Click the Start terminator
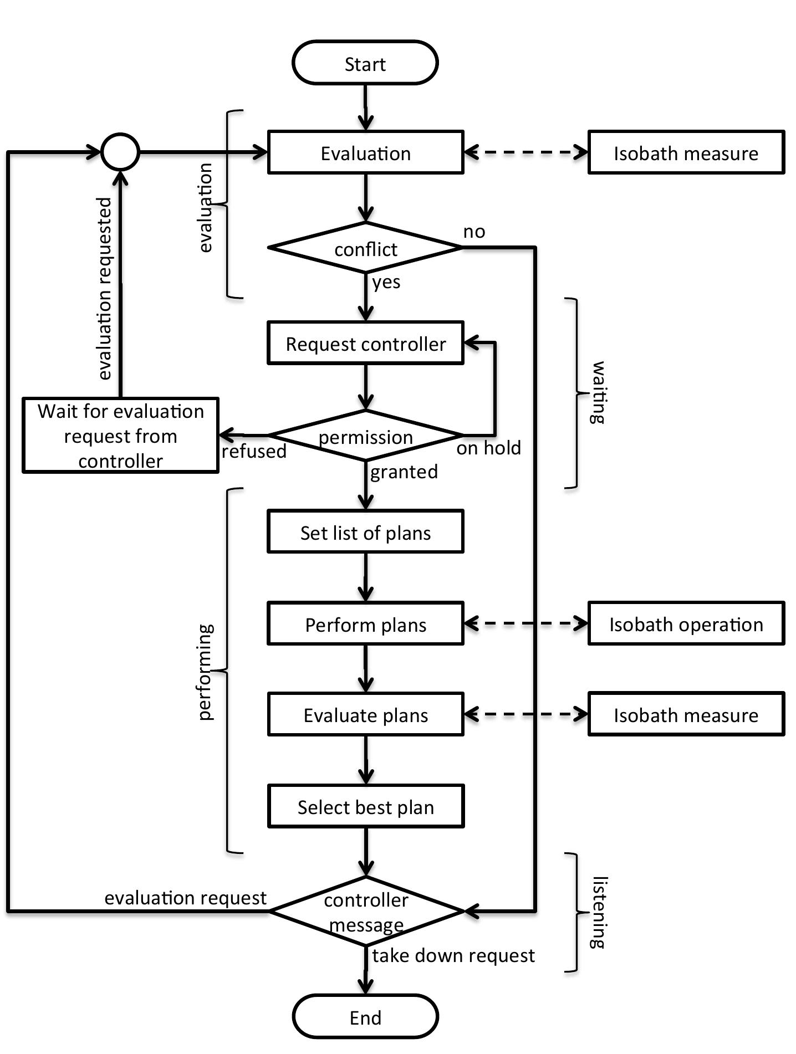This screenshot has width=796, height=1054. click(365, 63)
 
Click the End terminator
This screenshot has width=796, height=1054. click(365, 1017)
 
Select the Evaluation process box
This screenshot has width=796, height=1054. click(365, 153)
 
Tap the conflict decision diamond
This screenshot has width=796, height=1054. click(365, 248)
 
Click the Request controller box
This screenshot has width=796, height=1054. click(365, 343)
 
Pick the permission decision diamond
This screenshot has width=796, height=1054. click(365, 436)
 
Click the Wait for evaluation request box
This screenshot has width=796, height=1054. click(120, 436)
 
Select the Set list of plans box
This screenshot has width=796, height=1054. click(365, 532)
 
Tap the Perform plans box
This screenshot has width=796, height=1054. click(365, 624)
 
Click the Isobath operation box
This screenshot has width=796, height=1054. click(686, 624)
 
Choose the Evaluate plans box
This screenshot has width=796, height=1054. click(365, 714)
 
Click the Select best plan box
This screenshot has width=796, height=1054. click(365, 806)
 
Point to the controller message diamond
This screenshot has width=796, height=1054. click(365, 912)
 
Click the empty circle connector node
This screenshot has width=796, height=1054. click(120, 152)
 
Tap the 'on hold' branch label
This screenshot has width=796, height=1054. click(488, 448)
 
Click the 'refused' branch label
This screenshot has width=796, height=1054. click(254, 451)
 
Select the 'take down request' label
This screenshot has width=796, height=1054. click(453, 955)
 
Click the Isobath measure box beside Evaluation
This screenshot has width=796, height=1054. click(686, 153)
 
